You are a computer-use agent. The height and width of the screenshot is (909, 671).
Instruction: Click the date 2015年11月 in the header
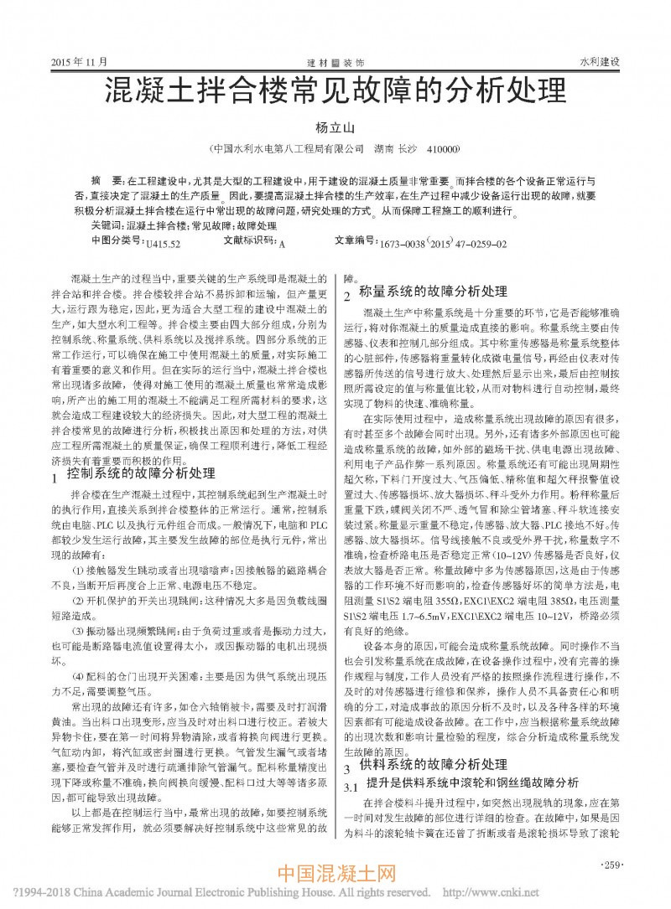tap(81, 62)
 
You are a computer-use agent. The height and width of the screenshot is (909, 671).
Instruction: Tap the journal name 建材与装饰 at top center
tap(335, 63)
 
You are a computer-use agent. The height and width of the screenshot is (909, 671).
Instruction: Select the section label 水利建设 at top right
tap(599, 62)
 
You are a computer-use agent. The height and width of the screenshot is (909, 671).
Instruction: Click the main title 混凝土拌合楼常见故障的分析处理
tap(335, 90)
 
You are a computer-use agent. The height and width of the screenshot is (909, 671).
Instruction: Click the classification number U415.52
tap(163, 244)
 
